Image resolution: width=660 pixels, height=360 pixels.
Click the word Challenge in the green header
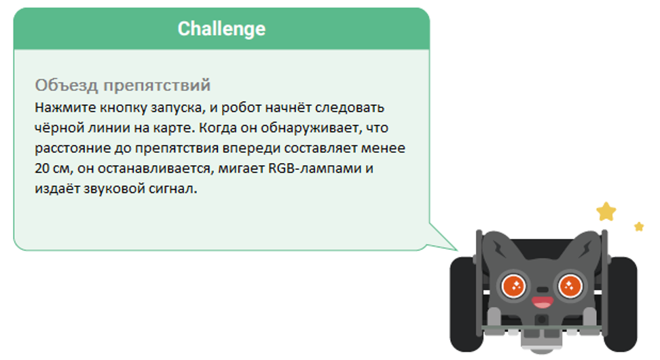(221, 29)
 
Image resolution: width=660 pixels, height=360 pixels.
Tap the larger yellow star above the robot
(606, 212)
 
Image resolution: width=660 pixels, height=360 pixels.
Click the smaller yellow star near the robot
(638, 226)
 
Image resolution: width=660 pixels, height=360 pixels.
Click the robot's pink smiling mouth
(542, 301)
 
